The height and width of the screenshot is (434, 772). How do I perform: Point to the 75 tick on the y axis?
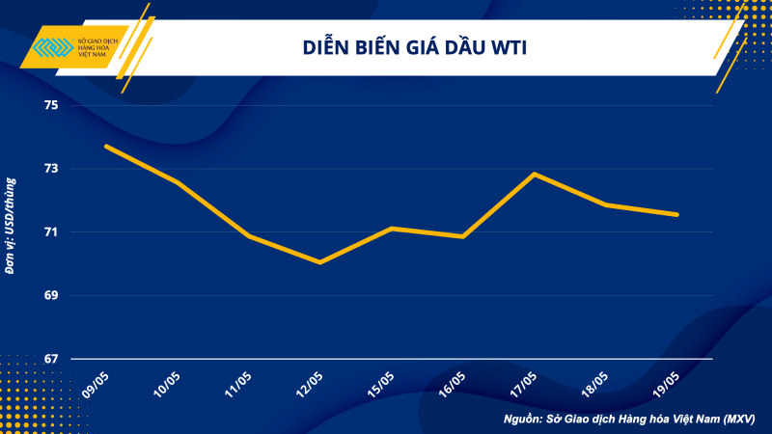click(51, 105)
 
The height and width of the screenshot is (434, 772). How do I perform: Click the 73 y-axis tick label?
click(51, 169)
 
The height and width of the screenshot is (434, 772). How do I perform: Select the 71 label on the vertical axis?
click(51, 231)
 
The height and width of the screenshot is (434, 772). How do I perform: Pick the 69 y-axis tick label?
click(51, 295)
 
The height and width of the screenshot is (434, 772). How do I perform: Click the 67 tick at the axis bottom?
click(51, 359)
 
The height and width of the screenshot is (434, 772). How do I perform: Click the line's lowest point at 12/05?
click(319, 261)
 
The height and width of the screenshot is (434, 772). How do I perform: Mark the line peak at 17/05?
click(535, 174)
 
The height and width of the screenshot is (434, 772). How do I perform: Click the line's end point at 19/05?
click(677, 214)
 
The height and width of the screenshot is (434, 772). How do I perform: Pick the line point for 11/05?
click(248, 235)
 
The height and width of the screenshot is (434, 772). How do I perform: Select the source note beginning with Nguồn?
click(628, 420)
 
